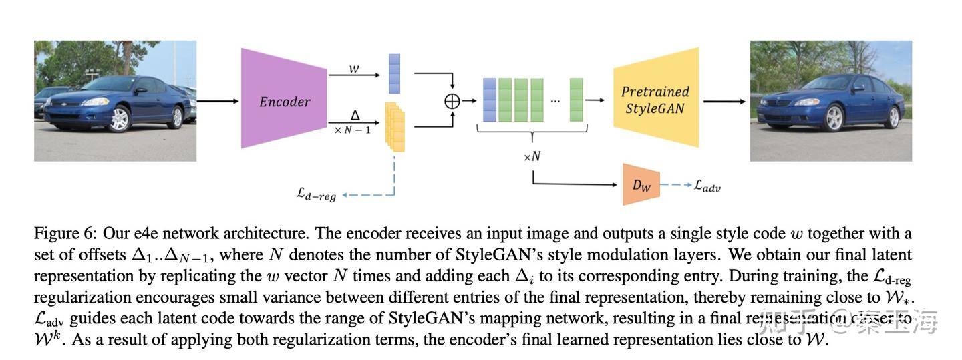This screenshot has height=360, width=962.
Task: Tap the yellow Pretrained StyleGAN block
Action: point(655,99)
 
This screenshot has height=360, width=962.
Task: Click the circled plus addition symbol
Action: point(453,101)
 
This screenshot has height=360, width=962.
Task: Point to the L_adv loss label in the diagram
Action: point(707,186)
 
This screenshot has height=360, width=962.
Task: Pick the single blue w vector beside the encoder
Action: point(394,73)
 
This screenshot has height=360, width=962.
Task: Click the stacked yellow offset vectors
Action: point(395,127)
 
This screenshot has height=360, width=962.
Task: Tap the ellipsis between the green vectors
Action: point(556,101)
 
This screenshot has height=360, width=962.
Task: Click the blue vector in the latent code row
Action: point(489,100)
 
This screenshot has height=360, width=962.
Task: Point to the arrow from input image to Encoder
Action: point(218,101)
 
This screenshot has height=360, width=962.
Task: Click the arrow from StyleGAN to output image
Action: point(724,102)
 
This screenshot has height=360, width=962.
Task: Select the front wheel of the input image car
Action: point(119,119)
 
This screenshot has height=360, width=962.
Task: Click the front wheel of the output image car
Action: point(834,118)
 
